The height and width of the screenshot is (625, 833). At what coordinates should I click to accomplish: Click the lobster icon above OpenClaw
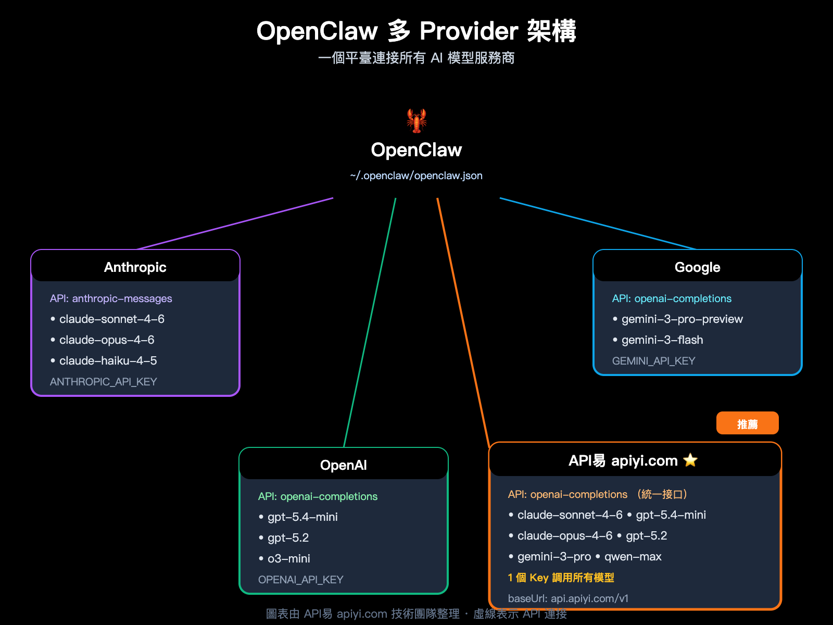pyautogui.click(x=416, y=121)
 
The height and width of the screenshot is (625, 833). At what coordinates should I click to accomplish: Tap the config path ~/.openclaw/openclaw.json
pyautogui.click(x=416, y=176)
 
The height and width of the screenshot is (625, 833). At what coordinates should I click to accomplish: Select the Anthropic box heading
pyautogui.click(x=135, y=267)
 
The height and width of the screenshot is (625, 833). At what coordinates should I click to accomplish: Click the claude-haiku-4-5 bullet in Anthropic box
pyautogui.click(x=108, y=361)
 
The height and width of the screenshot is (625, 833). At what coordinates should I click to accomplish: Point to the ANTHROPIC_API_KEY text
pyautogui.click(x=103, y=382)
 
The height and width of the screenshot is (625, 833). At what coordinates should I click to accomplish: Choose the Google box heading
pyautogui.click(x=697, y=267)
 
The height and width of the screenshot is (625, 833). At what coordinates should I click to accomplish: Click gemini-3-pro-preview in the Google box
pyautogui.click(x=682, y=319)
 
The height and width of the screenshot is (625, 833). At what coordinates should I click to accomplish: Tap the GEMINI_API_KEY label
pyautogui.click(x=653, y=361)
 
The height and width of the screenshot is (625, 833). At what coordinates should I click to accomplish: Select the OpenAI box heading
pyautogui.click(x=344, y=465)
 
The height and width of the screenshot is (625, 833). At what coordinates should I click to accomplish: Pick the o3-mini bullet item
pyautogui.click(x=288, y=559)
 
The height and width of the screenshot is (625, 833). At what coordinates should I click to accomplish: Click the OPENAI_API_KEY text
pyautogui.click(x=300, y=580)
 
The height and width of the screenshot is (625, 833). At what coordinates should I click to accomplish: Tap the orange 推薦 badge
pyautogui.click(x=747, y=423)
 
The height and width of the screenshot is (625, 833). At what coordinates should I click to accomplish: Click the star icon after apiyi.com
pyautogui.click(x=690, y=460)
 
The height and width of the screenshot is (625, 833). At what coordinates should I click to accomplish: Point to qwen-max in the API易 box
pyautogui.click(x=633, y=557)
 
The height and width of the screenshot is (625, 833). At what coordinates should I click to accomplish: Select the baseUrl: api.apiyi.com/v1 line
pyautogui.click(x=568, y=598)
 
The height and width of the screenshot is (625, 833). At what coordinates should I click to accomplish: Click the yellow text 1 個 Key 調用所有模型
pyautogui.click(x=561, y=578)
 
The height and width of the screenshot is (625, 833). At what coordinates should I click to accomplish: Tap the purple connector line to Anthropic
pyautogui.click(x=234, y=223)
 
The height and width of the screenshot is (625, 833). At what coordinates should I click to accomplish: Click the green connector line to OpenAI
pyautogui.click(x=370, y=323)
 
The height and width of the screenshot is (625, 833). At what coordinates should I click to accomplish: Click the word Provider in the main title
pyautogui.click(x=469, y=31)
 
